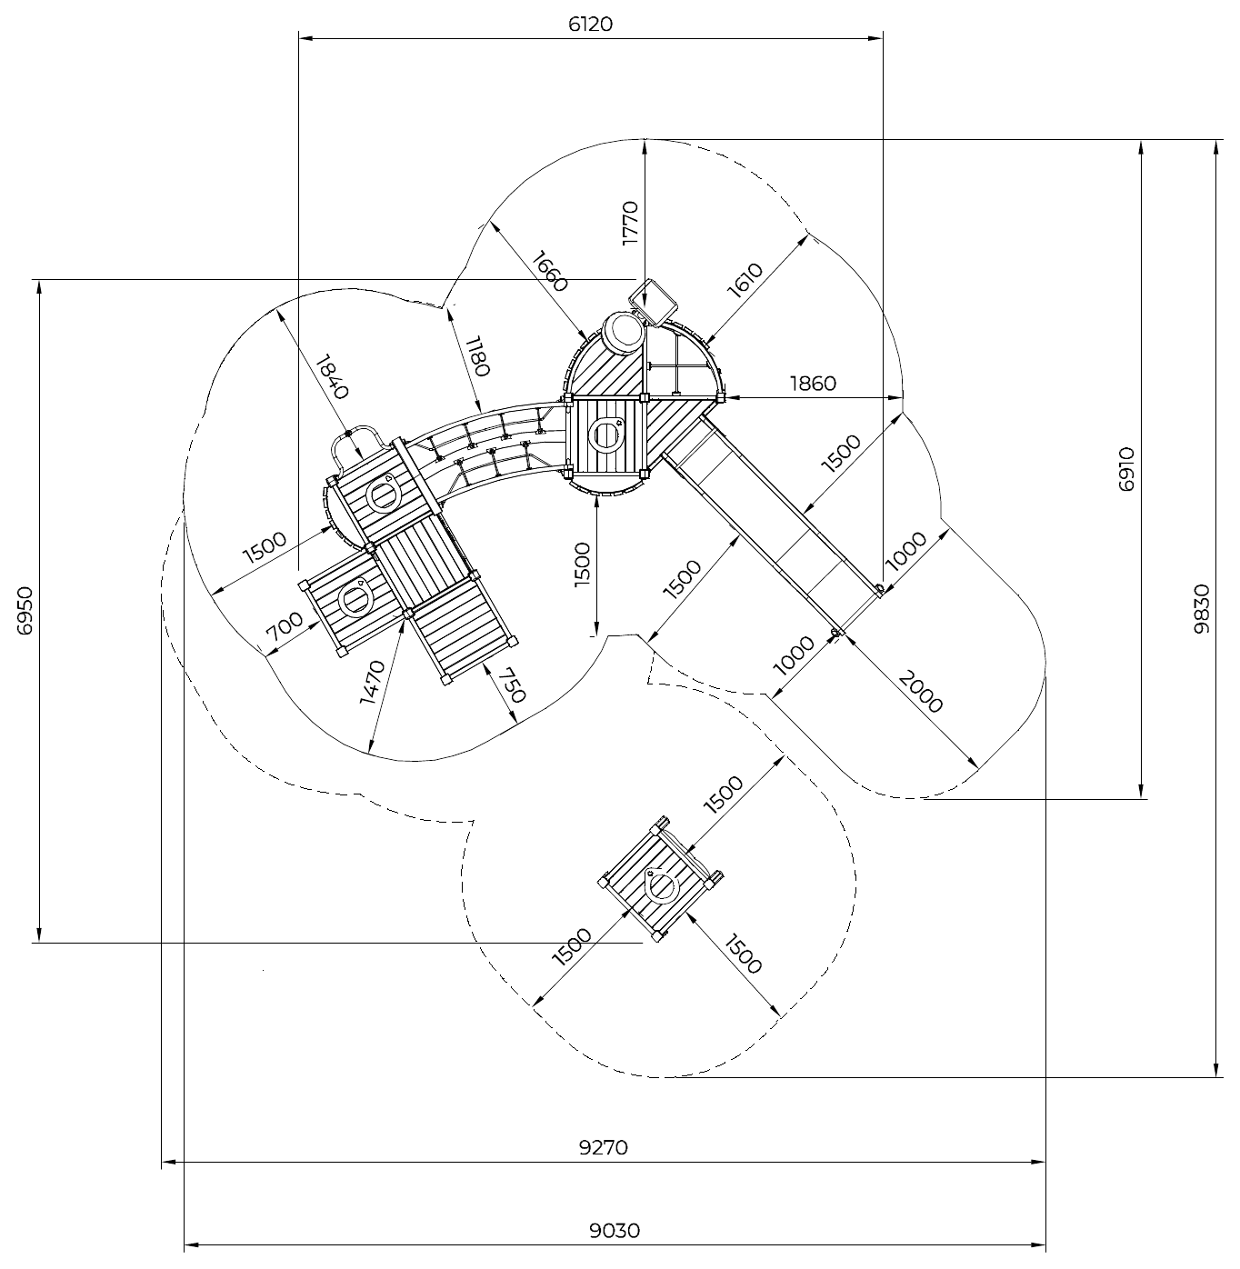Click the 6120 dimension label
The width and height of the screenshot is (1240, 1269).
[x=590, y=25]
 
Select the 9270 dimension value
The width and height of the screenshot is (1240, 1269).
[x=604, y=1147]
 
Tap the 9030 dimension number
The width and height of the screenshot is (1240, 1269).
[x=615, y=1231]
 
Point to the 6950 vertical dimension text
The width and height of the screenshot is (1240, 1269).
[x=25, y=610]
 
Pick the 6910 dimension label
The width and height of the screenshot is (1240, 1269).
[x=1126, y=470]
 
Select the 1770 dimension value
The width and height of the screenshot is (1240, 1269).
[x=630, y=223]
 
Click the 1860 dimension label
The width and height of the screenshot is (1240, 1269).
[x=813, y=384]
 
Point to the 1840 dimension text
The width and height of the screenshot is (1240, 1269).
[x=332, y=377]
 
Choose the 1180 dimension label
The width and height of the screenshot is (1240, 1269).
[x=477, y=356]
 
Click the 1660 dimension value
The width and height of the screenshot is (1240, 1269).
[x=549, y=271]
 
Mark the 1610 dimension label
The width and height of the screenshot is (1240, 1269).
[x=745, y=280]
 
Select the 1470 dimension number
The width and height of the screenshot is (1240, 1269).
[x=373, y=682]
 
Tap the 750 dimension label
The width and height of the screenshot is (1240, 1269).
[x=512, y=684]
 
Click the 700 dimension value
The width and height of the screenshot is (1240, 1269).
[x=285, y=626]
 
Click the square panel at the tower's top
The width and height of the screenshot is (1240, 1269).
[x=653, y=302]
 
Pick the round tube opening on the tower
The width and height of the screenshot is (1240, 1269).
[x=623, y=332]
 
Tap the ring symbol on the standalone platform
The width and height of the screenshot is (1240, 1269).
[x=663, y=884]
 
